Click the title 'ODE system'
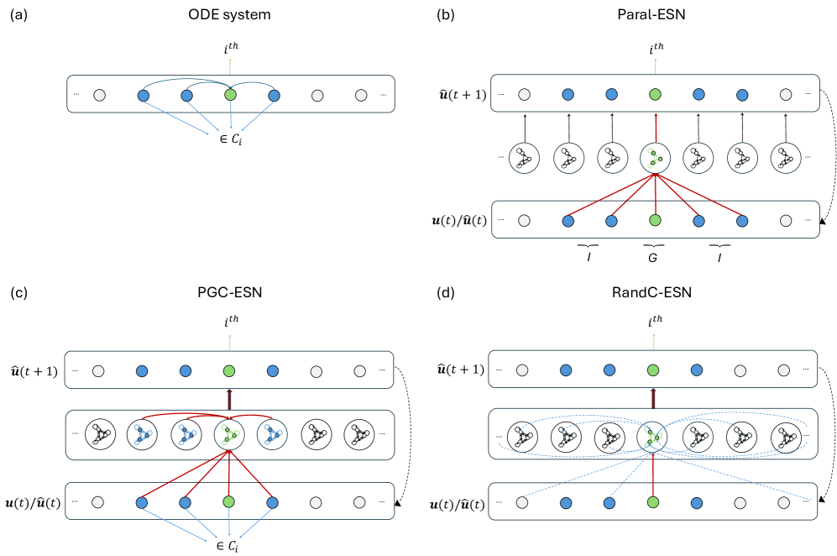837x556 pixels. tap(229, 14)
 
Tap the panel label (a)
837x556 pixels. tap(18, 14)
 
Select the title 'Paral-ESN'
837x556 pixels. tap(651, 14)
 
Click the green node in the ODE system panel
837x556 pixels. tap(230, 96)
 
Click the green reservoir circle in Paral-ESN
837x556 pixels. tap(653, 158)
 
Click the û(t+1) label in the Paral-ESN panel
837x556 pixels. tap(457, 94)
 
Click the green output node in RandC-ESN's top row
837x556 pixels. tap(653, 370)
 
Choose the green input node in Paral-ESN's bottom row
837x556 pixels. tap(653, 221)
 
